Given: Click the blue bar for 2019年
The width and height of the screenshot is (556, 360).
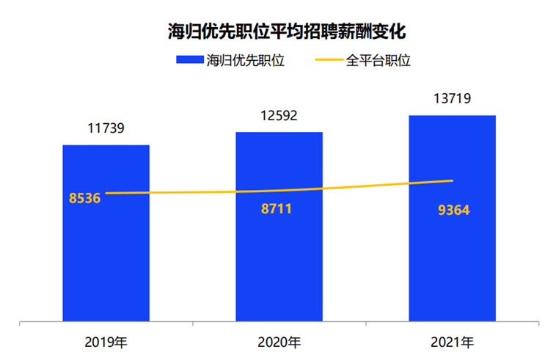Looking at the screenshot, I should click(106, 257).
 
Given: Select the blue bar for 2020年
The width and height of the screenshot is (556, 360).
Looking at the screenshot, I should click(279, 257).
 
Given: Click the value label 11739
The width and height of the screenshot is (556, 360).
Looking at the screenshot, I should click(106, 128).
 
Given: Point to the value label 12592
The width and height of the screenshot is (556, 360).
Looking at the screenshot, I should click(279, 115).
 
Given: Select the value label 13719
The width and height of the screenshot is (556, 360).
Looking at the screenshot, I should click(452, 98).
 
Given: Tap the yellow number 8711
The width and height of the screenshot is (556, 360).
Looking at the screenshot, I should click(277, 209).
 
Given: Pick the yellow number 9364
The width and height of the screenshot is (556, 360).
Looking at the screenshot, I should click(453, 211).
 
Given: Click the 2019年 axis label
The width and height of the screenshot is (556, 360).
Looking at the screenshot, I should click(106, 342).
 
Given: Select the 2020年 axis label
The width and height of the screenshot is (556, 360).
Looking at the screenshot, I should click(279, 342).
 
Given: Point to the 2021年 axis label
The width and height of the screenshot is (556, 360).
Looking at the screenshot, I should click(452, 342).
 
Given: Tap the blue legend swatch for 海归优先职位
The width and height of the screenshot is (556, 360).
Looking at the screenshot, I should click(189, 60).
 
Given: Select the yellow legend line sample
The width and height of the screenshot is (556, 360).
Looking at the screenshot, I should click(327, 60).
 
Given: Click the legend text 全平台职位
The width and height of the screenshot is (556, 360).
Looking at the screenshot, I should click(377, 60).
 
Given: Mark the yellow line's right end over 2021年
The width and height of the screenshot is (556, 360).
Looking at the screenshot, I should click(453, 180).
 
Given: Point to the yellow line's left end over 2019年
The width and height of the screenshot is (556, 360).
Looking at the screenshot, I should click(107, 194).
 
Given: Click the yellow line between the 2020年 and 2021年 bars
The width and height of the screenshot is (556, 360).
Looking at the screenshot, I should click(365, 186).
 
